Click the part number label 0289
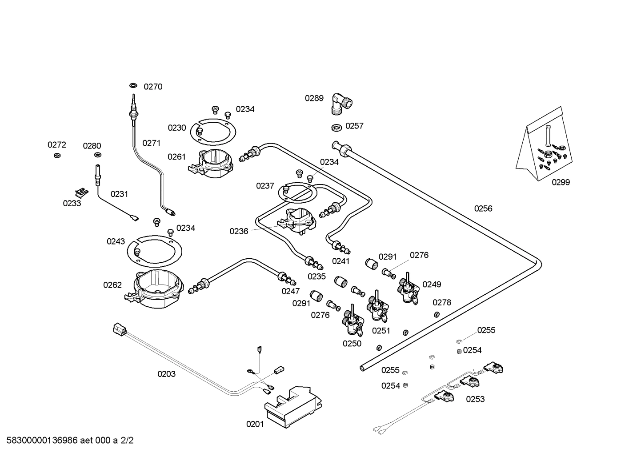[x=314, y=98]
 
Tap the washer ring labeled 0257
[x=337, y=128]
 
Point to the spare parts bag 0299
[x=545, y=149]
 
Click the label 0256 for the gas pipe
[x=483, y=208]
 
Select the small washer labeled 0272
[x=57, y=155]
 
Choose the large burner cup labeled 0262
[x=158, y=289]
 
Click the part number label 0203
[x=166, y=374]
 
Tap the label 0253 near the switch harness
[x=475, y=399]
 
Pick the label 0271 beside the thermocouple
[x=151, y=143]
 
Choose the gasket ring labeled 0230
[x=213, y=132]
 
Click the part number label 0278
[x=442, y=303]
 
